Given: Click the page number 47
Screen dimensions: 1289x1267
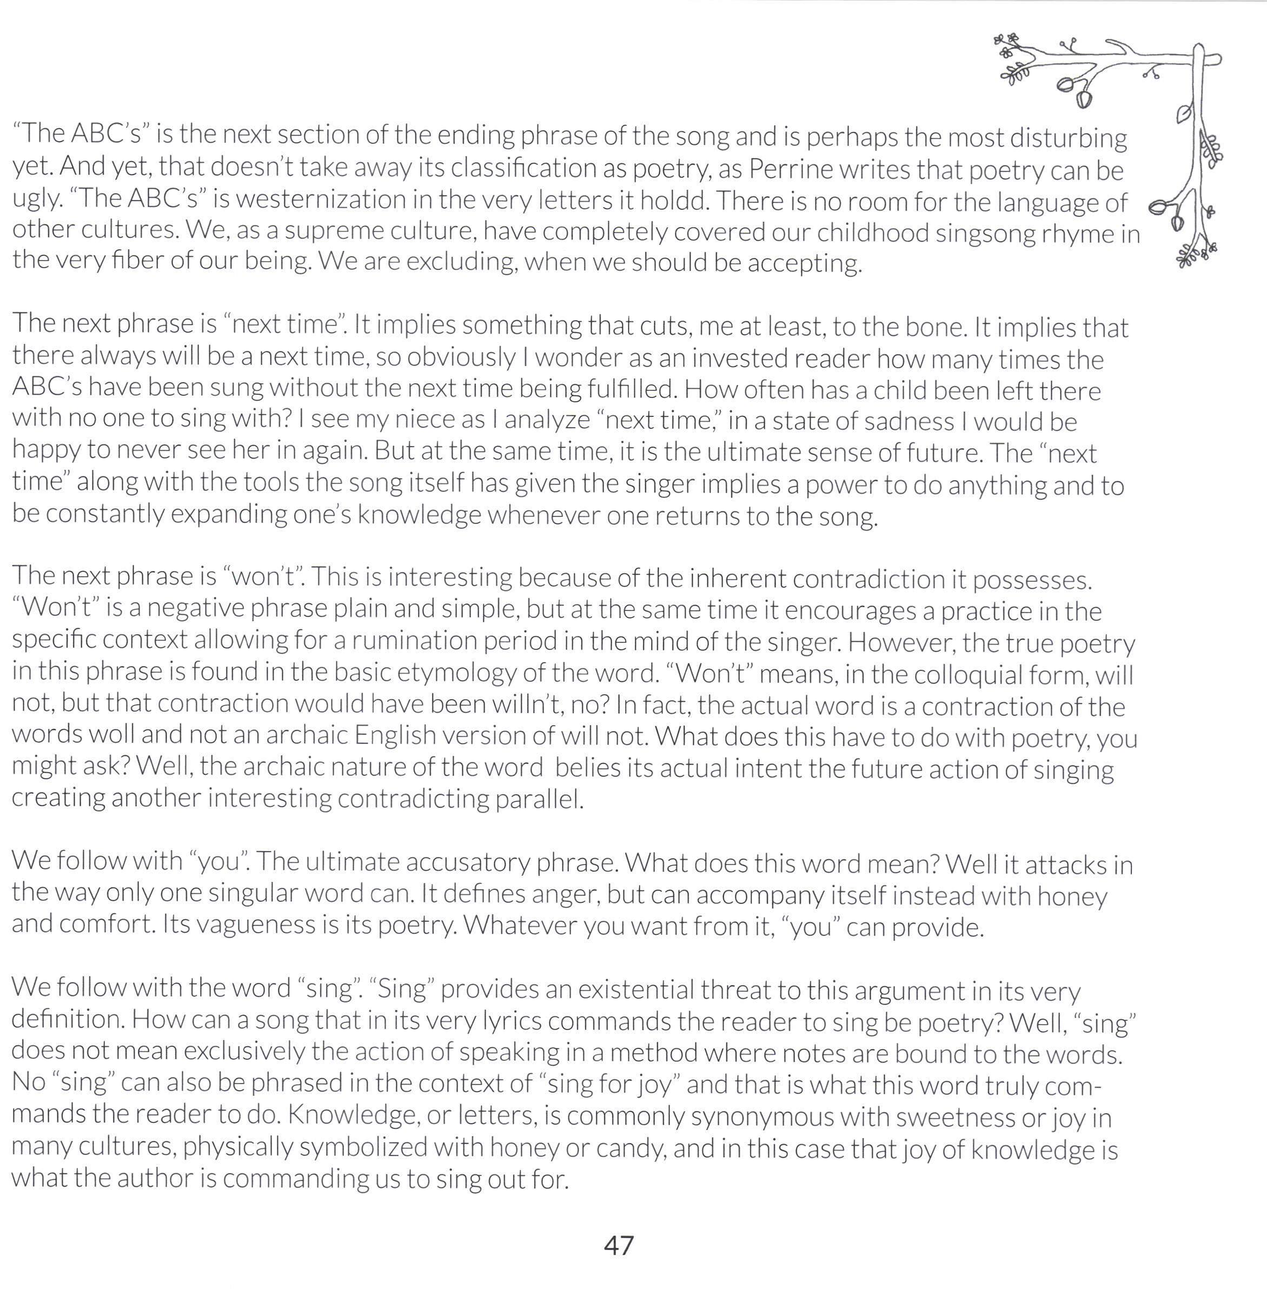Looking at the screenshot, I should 619,1245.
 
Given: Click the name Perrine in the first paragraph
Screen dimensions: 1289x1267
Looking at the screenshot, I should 791,169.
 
